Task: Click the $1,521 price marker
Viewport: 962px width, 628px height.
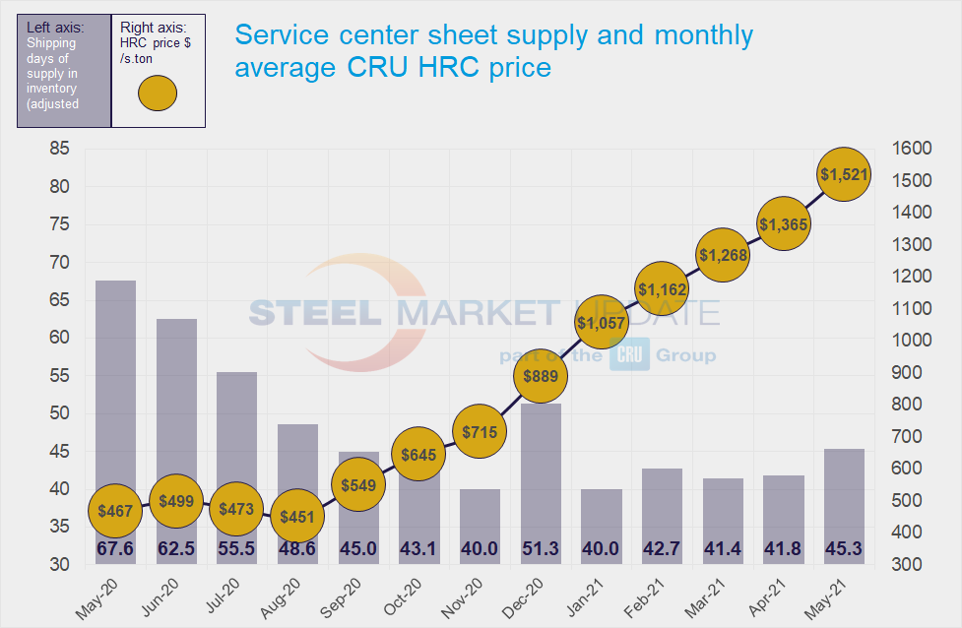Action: [845, 175]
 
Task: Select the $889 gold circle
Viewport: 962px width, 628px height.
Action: [541, 375]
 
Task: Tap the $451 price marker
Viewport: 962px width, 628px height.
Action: [297, 518]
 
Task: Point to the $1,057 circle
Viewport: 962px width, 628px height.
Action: [601, 323]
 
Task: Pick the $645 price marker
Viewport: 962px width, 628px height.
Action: [418, 455]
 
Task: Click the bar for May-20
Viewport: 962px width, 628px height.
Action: [115, 413]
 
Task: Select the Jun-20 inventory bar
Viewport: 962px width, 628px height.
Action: [176, 433]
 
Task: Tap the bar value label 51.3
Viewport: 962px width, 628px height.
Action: [541, 549]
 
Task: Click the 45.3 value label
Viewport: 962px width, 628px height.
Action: [845, 549]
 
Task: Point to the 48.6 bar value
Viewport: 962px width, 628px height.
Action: [297, 549]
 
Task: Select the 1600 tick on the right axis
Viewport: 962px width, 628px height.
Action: [911, 149]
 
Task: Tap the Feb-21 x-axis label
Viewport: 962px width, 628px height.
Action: [652, 595]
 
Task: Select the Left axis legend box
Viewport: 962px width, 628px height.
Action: [64, 71]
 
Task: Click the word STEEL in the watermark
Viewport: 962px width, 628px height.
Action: [315, 313]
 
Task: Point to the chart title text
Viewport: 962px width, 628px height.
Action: [492, 51]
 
